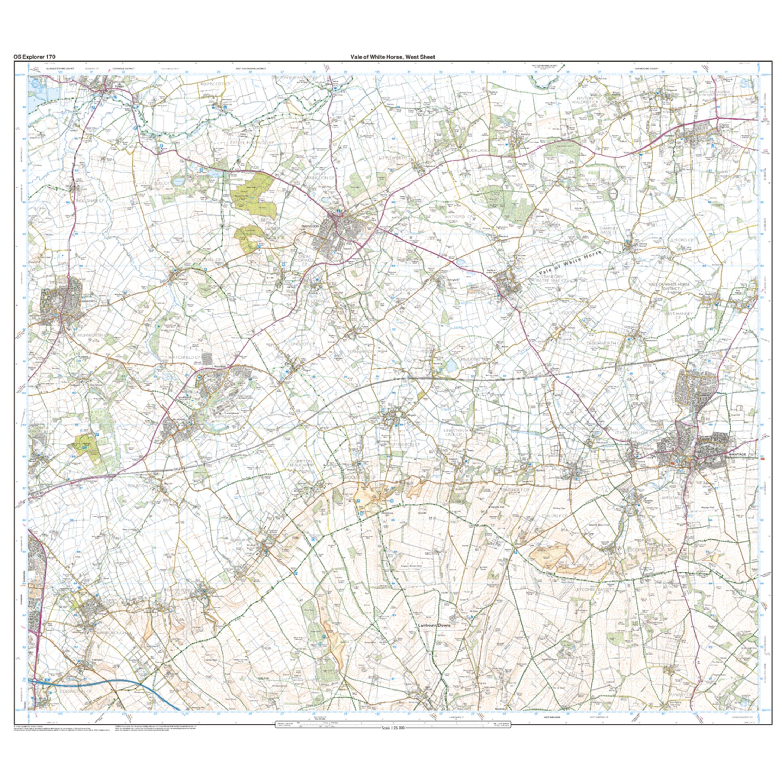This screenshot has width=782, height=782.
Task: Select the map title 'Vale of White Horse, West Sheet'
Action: pos(393,57)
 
